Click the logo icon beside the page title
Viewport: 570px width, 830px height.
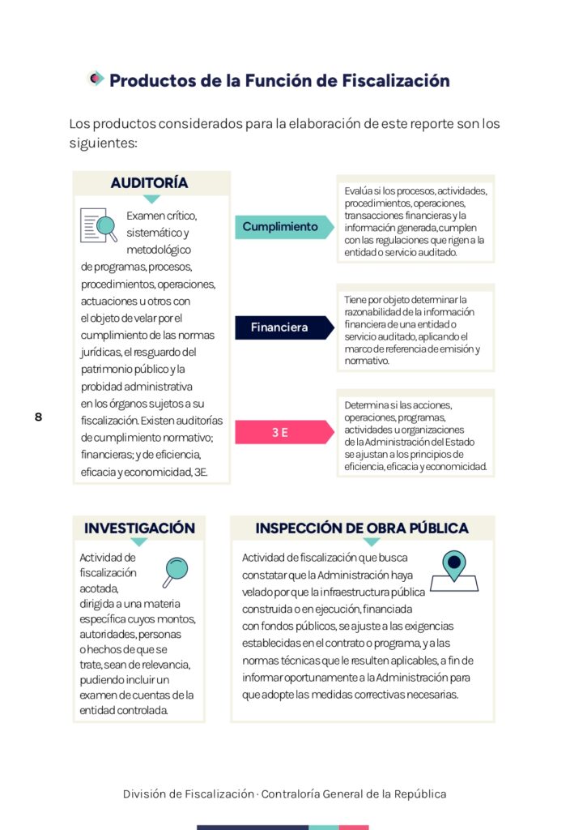(96, 79)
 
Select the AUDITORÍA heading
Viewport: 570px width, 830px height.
(149, 183)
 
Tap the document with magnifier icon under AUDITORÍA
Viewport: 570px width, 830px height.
(99, 225)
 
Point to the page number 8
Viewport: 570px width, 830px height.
(38, 417)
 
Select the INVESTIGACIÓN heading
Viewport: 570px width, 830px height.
(139, 528)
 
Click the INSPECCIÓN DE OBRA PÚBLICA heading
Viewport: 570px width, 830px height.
(362, 528)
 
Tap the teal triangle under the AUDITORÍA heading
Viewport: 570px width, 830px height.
(151, 199)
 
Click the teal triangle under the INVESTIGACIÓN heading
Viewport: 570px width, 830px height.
(139, 542)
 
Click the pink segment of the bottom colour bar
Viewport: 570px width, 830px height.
(354, 827)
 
